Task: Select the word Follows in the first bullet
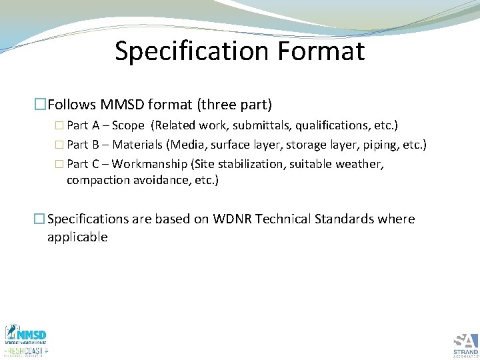click(72, 104)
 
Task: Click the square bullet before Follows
click(41, 104)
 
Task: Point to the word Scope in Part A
click(128, 126)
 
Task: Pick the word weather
click(359, 164)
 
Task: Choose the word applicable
click(77, 237)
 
